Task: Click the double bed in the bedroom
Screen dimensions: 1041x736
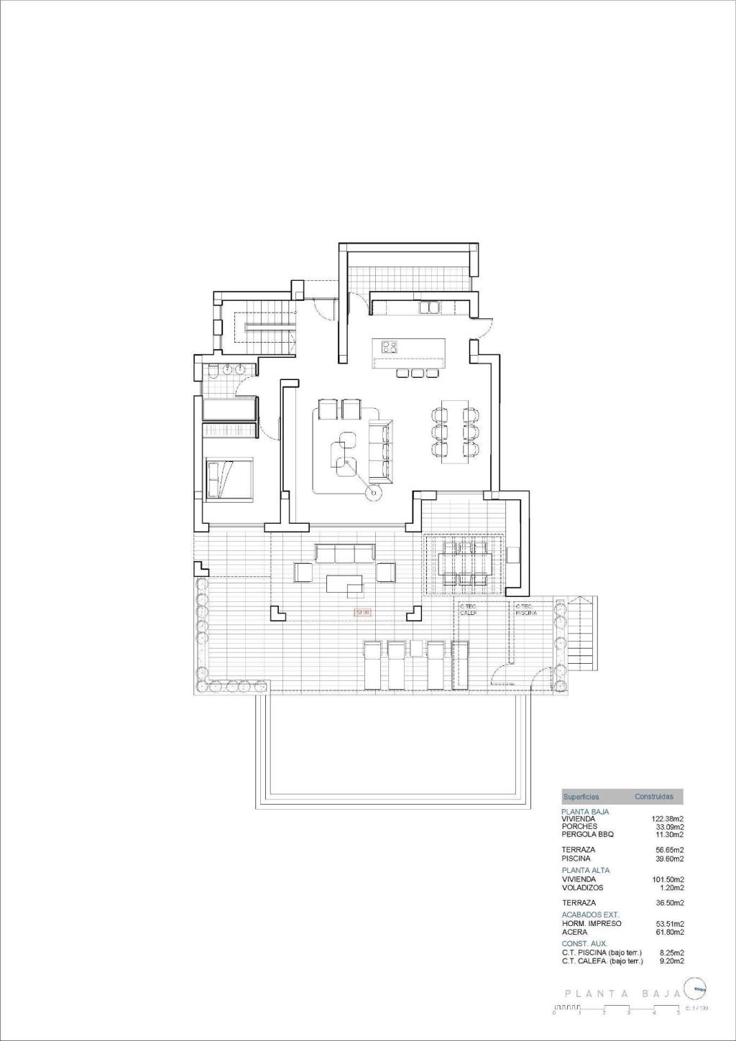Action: [229, 478]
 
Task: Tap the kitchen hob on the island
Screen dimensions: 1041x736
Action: [392, 348]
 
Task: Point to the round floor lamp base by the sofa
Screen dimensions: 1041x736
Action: [372, 493]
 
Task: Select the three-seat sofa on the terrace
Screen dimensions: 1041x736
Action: [345, 552]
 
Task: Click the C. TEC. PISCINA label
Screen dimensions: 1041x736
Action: [526, 609]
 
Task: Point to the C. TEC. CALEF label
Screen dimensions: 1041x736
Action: [469, 609]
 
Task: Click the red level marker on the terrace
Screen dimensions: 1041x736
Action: [363, 612]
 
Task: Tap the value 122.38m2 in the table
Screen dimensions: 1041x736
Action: [667, 818]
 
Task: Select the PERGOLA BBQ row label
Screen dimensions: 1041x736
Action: [588, 834]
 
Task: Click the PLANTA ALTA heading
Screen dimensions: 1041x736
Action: [585, 870]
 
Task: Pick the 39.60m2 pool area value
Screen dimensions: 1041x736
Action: [671, 858]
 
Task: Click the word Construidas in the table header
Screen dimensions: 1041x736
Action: [653, 797]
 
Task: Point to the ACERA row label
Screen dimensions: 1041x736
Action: [574, 932]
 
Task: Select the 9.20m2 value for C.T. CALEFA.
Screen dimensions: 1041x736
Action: [671, 961]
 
